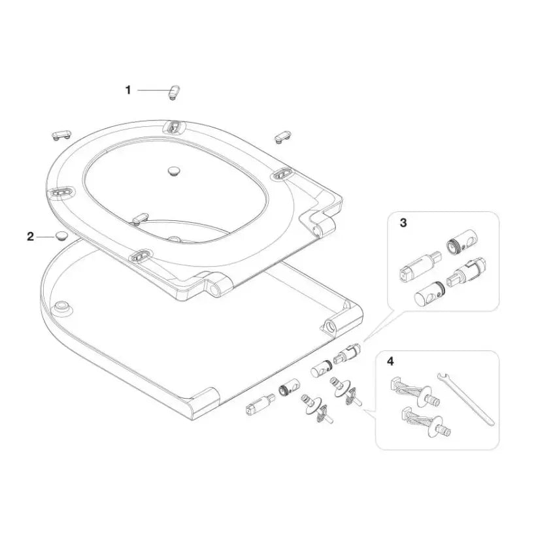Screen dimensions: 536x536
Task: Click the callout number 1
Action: pos(128,90)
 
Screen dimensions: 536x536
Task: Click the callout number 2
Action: pos(31,236)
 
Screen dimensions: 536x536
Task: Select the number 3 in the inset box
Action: pos(403,223)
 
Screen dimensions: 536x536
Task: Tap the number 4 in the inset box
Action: pos(390,361)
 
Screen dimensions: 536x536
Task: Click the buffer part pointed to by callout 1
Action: pos(175,92)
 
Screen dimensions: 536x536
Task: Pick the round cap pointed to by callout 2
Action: pos(61,236)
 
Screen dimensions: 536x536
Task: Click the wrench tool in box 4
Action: pos(465,399)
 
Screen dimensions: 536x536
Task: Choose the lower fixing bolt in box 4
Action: pos(425,422)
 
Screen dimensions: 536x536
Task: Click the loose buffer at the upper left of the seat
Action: pos(61,134)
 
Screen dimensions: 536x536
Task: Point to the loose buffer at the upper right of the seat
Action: pos(282,137)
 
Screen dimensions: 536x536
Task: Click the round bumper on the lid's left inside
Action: pos(62,305)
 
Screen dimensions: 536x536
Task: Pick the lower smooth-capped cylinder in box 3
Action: pos(429,292)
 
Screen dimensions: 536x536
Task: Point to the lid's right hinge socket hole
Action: pos(331,325)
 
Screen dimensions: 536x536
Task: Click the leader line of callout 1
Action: pos(153,91)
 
